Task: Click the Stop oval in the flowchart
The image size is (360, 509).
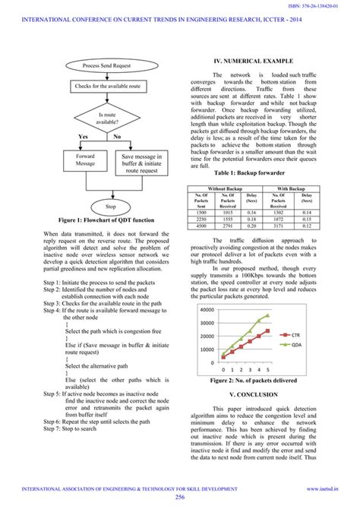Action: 111,206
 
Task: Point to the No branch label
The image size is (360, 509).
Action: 117,137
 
